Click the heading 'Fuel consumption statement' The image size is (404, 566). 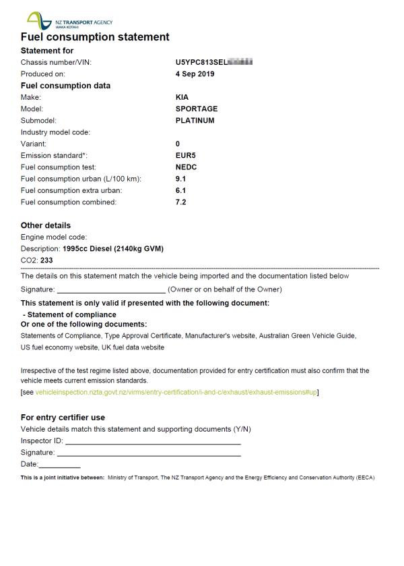click(95, 37)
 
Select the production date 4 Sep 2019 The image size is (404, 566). click(195, 74)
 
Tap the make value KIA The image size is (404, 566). click(182, 97)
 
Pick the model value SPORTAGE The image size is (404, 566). click(197, 109)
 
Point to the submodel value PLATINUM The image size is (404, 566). click(195, 121)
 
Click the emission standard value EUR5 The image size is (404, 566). click(185, 155)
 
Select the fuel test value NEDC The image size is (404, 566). click(186, 167)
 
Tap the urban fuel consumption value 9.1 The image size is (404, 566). click(180, 179)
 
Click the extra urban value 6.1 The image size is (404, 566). click(180, 190)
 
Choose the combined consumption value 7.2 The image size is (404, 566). click(180, 202)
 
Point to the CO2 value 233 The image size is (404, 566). click(47, 260)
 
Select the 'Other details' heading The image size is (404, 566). click(46, 225)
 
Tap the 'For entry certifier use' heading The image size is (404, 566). click(63, 418)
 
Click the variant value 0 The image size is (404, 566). click(178, 144)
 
